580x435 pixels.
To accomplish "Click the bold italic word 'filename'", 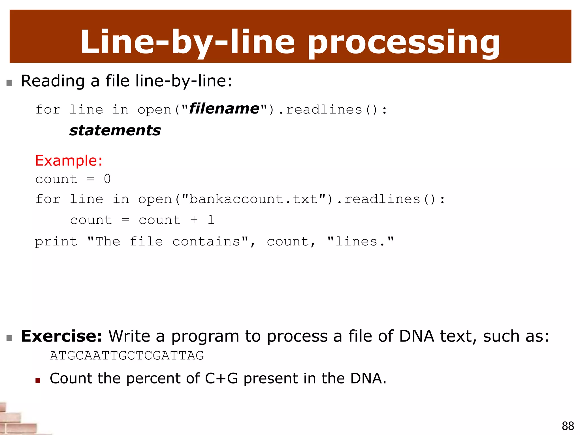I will click(x=224, y=109).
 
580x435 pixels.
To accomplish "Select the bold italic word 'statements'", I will click(x=115, y=131).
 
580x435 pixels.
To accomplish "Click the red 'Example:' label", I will click(x=69, y=161).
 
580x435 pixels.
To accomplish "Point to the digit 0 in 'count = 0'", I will click(x=107, y=179).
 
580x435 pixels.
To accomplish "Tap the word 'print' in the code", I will click(x=56, y=242).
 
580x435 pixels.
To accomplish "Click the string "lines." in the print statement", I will click(x=360, y=241).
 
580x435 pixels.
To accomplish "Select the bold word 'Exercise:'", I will click(x=62, y=336).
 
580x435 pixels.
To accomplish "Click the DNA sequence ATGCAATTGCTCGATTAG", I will click(x=127, y=355).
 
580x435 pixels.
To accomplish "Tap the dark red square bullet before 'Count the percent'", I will click(x=38, y=380).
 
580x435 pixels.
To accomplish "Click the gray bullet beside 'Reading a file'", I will click(x=9, y=83).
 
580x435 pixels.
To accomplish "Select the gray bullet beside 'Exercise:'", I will click(x=9, y=338).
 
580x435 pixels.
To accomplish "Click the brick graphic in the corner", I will click(x=17, y=421).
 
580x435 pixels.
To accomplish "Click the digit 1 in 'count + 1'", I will click(x=211, y=220).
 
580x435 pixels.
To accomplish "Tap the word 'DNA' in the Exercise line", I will click(x=417, y=336).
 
